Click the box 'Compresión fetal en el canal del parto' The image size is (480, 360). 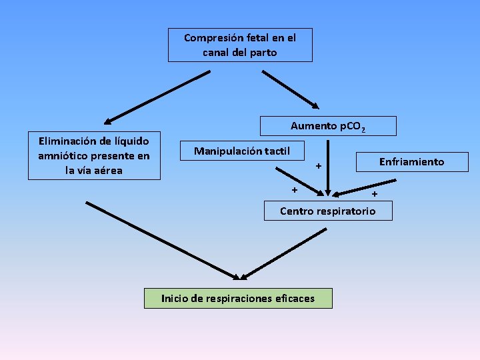(240, 45)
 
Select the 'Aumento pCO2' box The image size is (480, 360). (328, 126)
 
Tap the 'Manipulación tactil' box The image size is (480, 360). (241, 151)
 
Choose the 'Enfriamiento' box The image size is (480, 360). (411, 161)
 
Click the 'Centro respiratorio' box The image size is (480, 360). (327, 211)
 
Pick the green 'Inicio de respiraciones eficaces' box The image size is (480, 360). (238, 298)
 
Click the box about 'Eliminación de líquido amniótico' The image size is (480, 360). (94, 155)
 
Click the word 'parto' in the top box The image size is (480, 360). (263, 52)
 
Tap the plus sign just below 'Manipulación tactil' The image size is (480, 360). (295, 190)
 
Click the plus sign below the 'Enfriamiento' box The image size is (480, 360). (374, 194)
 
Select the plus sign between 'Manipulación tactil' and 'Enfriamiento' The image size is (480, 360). (319, 165)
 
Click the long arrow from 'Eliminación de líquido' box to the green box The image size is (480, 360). (163, 240)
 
